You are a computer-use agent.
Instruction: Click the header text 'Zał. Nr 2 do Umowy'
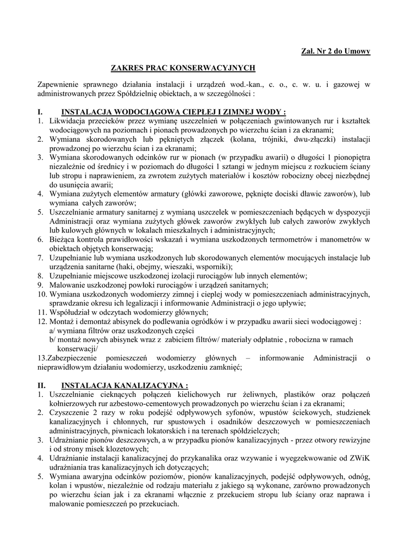[335, 51]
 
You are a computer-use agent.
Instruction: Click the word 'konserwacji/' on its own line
[77, 349]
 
